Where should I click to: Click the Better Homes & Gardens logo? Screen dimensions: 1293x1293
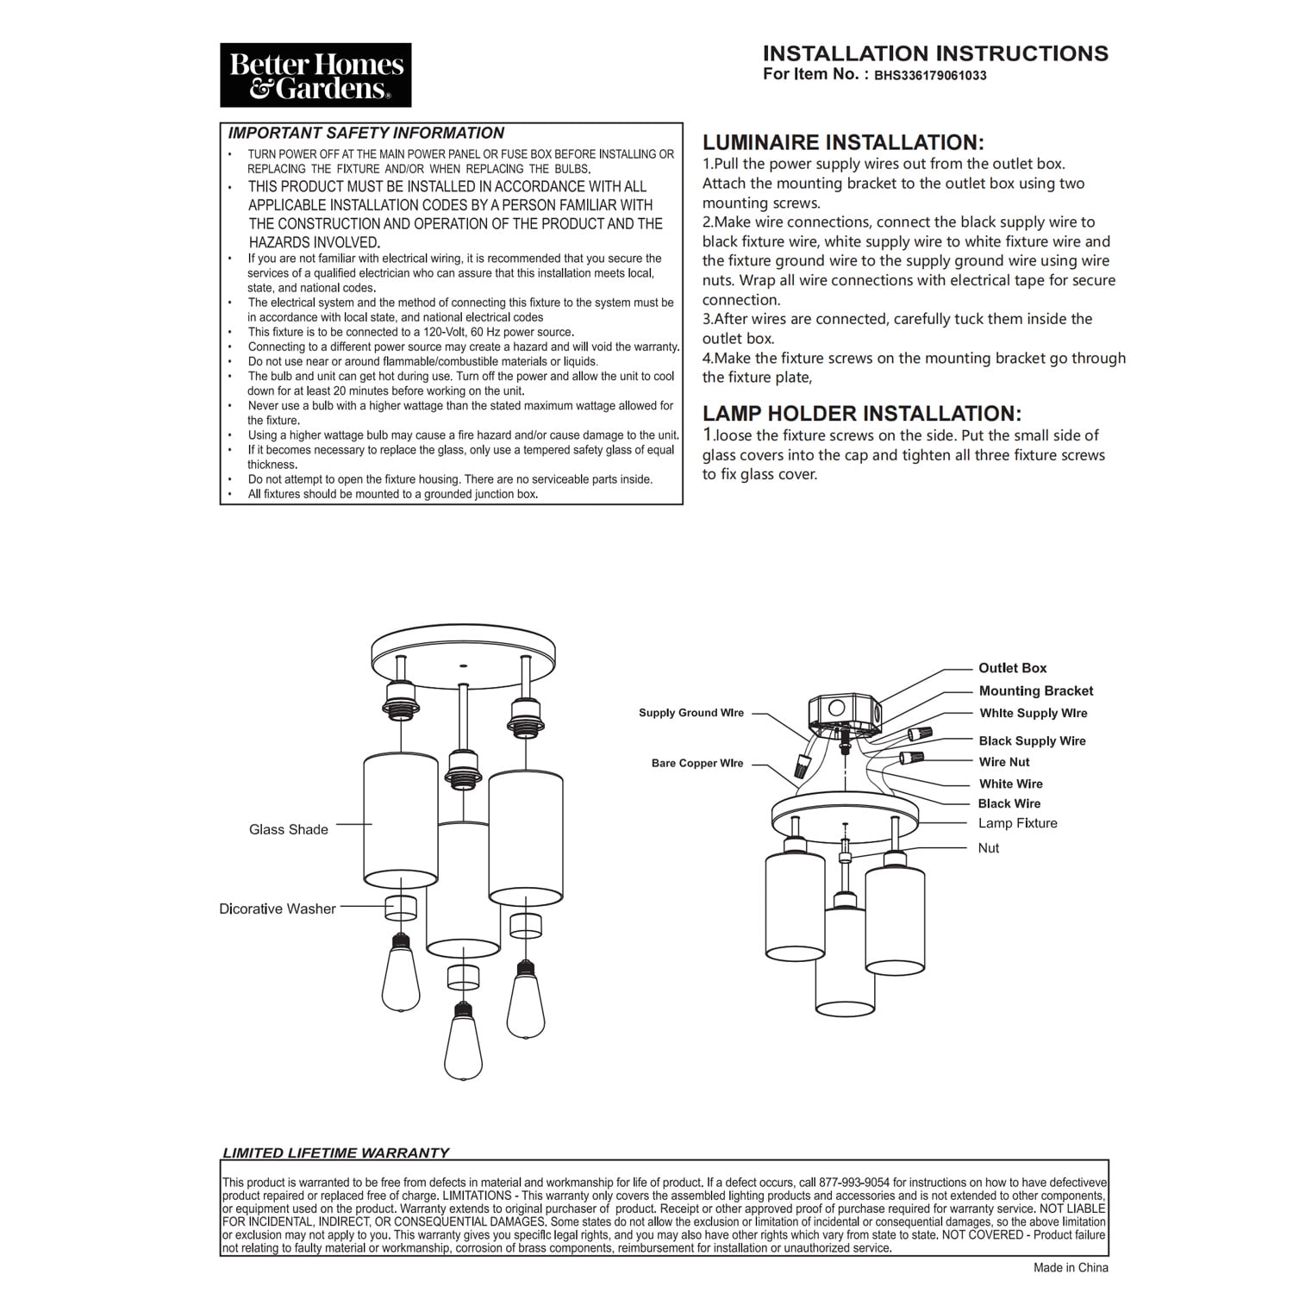point(315,75)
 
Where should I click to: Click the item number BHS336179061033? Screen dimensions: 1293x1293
point(930,75)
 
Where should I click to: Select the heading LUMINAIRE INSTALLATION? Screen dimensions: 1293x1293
point(842,143)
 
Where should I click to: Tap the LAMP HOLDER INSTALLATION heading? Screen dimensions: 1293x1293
point(861,414)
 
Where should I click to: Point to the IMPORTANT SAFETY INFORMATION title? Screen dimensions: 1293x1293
point(365,134)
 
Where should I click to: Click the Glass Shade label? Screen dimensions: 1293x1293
point(289,829)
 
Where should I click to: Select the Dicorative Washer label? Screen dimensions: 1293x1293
point(278,909)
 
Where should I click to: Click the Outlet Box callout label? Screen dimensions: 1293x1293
point(1012,668)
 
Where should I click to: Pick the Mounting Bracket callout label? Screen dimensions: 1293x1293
point(1035,690)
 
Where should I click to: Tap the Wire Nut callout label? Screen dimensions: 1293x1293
point(1004,762)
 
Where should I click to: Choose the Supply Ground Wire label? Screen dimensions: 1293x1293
point(690,713)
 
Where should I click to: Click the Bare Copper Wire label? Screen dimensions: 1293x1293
point(696,764)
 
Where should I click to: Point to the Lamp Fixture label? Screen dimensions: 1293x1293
point(1017,823)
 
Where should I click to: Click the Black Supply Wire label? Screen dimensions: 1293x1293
point(1032,740)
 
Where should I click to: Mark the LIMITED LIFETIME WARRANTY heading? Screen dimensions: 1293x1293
point(336,1152)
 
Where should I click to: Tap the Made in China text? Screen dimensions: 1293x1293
point(1071,1267)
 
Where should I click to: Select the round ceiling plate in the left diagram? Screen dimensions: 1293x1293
point(464,648)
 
